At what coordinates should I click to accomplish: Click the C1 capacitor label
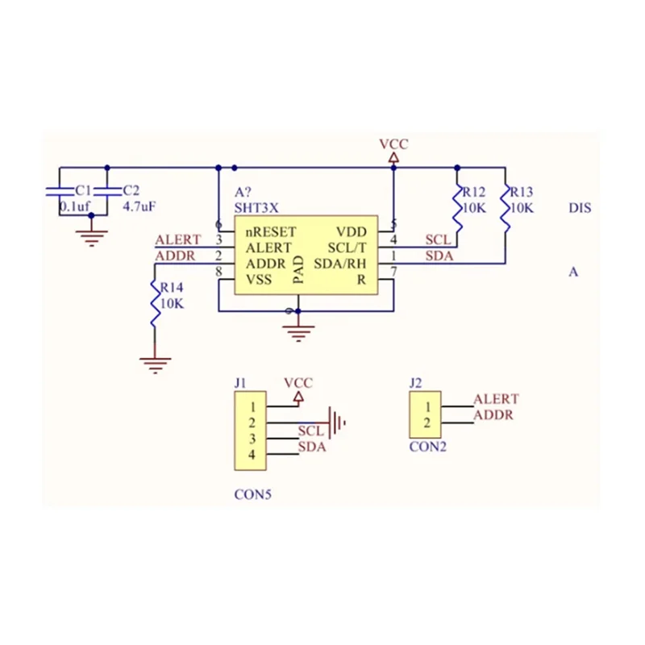[81, 191]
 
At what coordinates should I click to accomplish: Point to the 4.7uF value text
[139, 206]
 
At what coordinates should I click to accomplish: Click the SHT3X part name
[256, 207]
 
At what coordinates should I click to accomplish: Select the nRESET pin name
[271, 231]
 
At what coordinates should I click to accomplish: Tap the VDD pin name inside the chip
[351, 231]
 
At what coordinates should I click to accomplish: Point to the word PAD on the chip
[298, 271]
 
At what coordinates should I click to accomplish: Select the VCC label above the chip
[393, 144]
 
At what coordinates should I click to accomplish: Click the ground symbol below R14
[155, 363]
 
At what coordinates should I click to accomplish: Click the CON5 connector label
[252, 494]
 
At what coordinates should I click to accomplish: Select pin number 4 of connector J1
[252, 456]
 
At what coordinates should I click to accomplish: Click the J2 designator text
[415, 383]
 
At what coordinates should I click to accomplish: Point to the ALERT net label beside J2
[496, 399]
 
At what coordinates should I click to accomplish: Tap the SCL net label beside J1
[310, 431]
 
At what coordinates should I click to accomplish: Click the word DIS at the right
[580, 208]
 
